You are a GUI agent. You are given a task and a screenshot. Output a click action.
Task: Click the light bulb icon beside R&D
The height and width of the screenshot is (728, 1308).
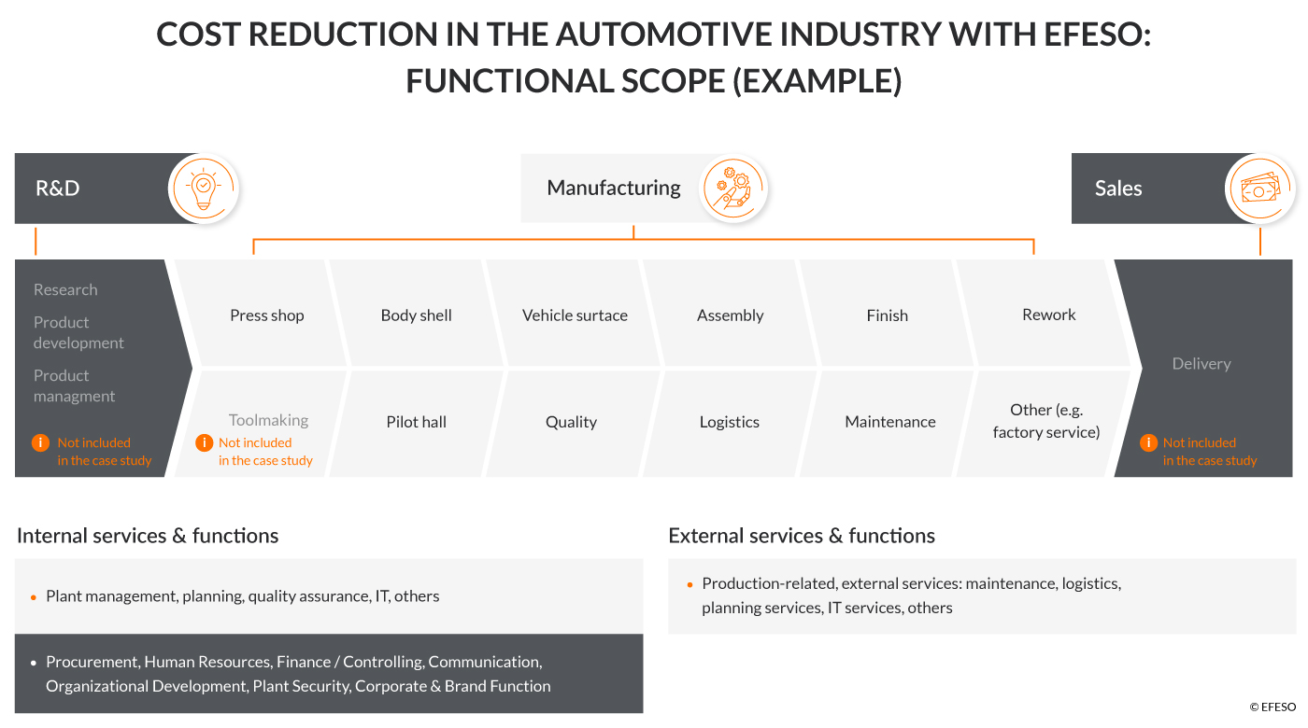(204, 188)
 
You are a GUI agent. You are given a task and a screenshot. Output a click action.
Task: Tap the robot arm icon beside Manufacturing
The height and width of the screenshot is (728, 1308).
(733, 188)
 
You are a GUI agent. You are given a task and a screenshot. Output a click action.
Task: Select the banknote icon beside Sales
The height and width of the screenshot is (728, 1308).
(1259, 189)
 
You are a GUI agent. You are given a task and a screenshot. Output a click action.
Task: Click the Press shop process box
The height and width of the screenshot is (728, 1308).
(267, 315)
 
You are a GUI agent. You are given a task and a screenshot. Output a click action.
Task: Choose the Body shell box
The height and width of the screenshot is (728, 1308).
(416, 315)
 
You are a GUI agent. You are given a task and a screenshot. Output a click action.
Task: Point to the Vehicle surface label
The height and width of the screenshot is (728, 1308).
(575, 315)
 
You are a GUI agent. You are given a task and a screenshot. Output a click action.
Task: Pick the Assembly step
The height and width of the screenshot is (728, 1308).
(730, 315)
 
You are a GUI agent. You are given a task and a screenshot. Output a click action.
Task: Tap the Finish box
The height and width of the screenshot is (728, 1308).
(887, 315)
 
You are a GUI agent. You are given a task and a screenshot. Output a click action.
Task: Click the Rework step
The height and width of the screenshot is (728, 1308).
(1048, 315)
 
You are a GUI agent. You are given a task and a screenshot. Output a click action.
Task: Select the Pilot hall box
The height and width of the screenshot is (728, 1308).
(416, 422)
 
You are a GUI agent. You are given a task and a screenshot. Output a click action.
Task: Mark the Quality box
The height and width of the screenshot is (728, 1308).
(571, 422)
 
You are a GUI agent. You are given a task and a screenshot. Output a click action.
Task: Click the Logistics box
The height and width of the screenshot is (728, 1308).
(729, 422)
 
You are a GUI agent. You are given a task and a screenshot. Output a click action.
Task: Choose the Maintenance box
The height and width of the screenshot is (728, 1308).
(889, 422)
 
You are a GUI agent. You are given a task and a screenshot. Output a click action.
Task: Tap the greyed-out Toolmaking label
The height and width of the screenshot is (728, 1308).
(268, 420)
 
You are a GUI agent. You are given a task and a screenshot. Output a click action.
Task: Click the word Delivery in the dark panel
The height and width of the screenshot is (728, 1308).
(1201, 364)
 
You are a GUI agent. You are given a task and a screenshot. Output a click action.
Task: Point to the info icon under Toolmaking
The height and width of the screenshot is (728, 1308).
(204, 442)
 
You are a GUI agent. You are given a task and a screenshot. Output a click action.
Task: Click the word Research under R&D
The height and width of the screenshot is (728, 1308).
(65, 289)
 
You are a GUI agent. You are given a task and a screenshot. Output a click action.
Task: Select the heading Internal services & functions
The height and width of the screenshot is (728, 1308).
(148, 536)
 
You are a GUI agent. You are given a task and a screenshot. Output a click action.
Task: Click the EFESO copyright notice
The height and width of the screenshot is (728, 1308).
(1272, 707)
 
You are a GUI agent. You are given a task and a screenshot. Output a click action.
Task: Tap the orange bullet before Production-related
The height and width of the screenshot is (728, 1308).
(691, 584)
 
